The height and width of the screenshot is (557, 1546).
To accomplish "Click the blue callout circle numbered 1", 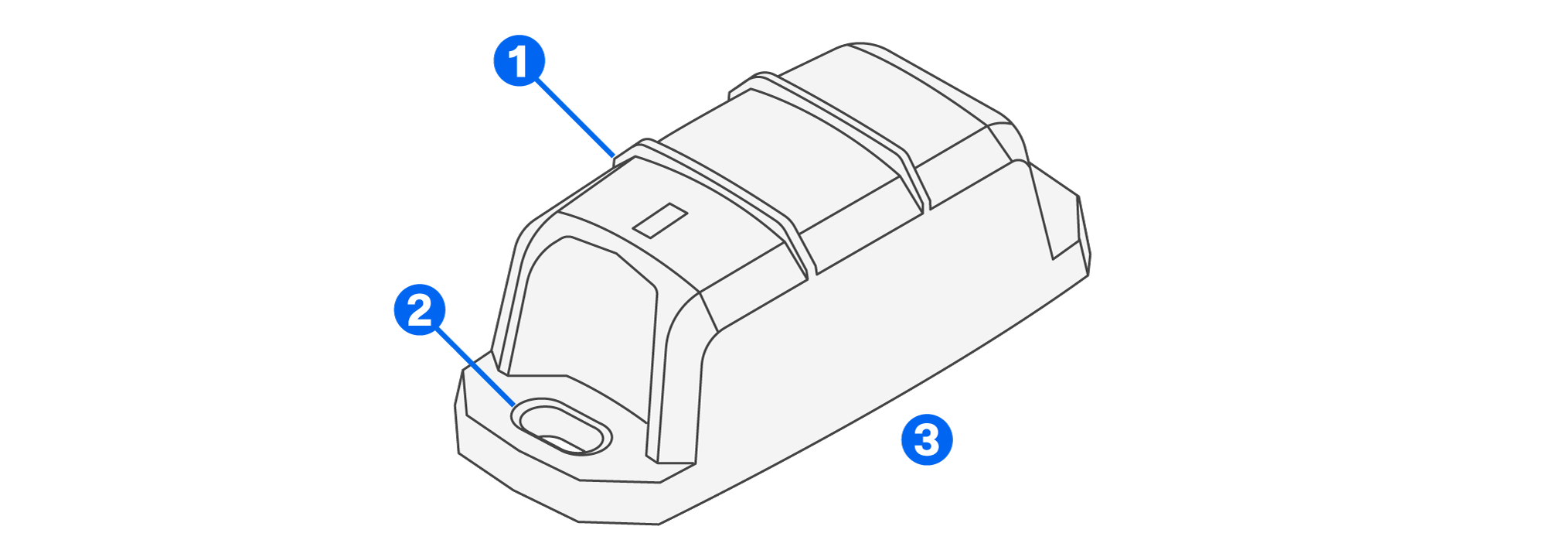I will click(x=519, y=60).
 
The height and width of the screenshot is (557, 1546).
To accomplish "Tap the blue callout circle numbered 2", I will click(x=420, y=310).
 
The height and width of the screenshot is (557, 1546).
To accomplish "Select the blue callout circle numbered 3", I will click(x=927, y=439).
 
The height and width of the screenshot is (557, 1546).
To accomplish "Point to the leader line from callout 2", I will click(x=473, y=365).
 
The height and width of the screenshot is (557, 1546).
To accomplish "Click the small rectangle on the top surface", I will click(x=660, y=220).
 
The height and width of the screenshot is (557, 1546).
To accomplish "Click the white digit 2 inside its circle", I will click(x=420, y=310).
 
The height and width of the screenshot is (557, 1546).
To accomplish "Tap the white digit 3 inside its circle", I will click(x=927, y=439).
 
